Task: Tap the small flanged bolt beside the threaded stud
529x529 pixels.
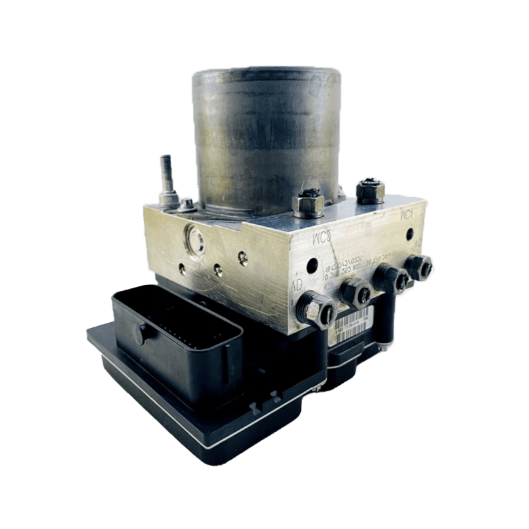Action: click(187, 204)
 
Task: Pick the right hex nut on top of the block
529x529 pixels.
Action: click(370, 190)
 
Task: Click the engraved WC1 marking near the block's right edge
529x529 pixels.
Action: click(405, 216)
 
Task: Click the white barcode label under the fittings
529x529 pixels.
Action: click(357, 323)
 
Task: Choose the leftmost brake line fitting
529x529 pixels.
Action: click(317, 307)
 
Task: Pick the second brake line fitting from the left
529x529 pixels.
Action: click(355, 291)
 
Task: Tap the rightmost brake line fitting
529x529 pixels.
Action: click(420, 266)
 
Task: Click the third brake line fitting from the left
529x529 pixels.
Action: click(391, 278)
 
